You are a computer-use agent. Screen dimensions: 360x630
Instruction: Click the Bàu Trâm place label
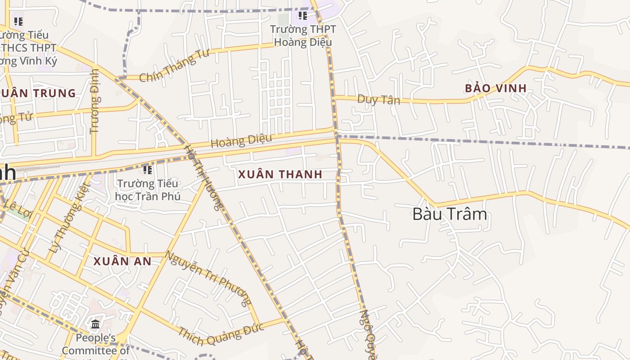pos(450,214)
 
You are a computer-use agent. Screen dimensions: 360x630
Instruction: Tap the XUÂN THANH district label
pos(280,175)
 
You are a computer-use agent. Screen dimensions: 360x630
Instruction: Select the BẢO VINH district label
pos(495,88)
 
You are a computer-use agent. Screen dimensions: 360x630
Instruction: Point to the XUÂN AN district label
pos(122,261)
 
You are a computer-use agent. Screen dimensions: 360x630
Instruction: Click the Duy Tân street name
pos(378,99)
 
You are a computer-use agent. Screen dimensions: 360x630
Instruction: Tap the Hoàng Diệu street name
pos(241,141)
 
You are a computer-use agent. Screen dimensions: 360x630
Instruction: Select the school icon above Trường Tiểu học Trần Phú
pos(147,170)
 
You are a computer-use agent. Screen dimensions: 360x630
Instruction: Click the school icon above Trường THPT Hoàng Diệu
pos(303,16)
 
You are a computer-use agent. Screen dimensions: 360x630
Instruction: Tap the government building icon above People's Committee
pos(95,324)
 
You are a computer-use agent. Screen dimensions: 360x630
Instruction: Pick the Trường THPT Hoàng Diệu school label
pos(303,36)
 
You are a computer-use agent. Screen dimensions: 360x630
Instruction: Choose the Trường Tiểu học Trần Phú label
pos(148,190)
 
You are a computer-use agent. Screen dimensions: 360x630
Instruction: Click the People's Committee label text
pos(95,344)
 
